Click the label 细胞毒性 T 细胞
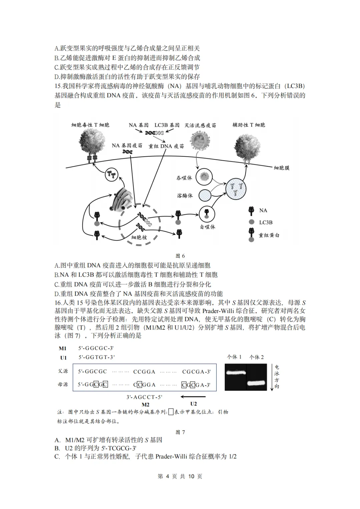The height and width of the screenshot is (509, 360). [x=90, y=125]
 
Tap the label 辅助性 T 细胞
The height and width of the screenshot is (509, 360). [x=249, y=125]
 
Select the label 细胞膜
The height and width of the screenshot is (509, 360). [x=282, y=168]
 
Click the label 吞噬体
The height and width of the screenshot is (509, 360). [x=184, y=178]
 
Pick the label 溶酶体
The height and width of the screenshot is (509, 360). [x=185, y=196]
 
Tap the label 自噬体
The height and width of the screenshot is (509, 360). [x=207, y=227]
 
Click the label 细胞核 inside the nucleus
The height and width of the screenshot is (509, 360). [x=139, y=237]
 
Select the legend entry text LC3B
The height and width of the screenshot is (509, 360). [x=266, y=222]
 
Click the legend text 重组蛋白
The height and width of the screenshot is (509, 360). [x=269, y=235]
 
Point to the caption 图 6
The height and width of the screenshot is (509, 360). [x=180, y=256]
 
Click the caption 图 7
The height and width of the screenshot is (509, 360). [x=180, y=432]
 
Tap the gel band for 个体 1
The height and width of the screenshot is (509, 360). [x=236, y=372]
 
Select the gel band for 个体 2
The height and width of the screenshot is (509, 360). [x=257, y=383]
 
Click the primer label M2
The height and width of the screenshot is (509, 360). [x=146, y=405]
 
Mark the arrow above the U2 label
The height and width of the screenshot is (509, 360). [x=193, y=397]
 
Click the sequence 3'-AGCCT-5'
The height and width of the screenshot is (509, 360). [x=144, y=397]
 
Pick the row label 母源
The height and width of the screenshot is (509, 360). [x=63, y=385]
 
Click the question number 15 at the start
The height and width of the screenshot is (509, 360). [x=58, y=86]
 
